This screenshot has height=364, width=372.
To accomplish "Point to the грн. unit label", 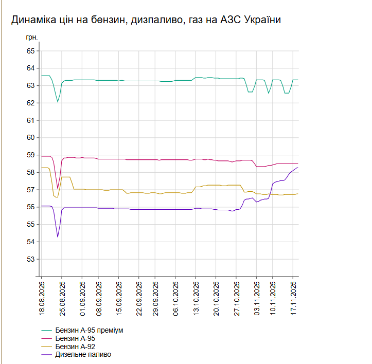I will (32, 38).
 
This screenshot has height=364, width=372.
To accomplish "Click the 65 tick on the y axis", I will (30, 51).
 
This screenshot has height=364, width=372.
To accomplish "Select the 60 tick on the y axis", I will (30, 137).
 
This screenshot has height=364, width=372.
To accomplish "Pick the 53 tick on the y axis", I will (30, 259).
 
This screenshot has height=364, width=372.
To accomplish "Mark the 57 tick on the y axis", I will (30, 189).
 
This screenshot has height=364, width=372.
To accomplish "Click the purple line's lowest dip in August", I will (58, 236).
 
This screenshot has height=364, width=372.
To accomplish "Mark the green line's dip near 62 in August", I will (58, 102).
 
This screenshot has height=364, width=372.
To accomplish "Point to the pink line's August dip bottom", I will (58, 188).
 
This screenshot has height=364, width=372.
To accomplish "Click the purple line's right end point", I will (298, 168).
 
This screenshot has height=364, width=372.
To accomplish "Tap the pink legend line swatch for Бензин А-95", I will (47, 339).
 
